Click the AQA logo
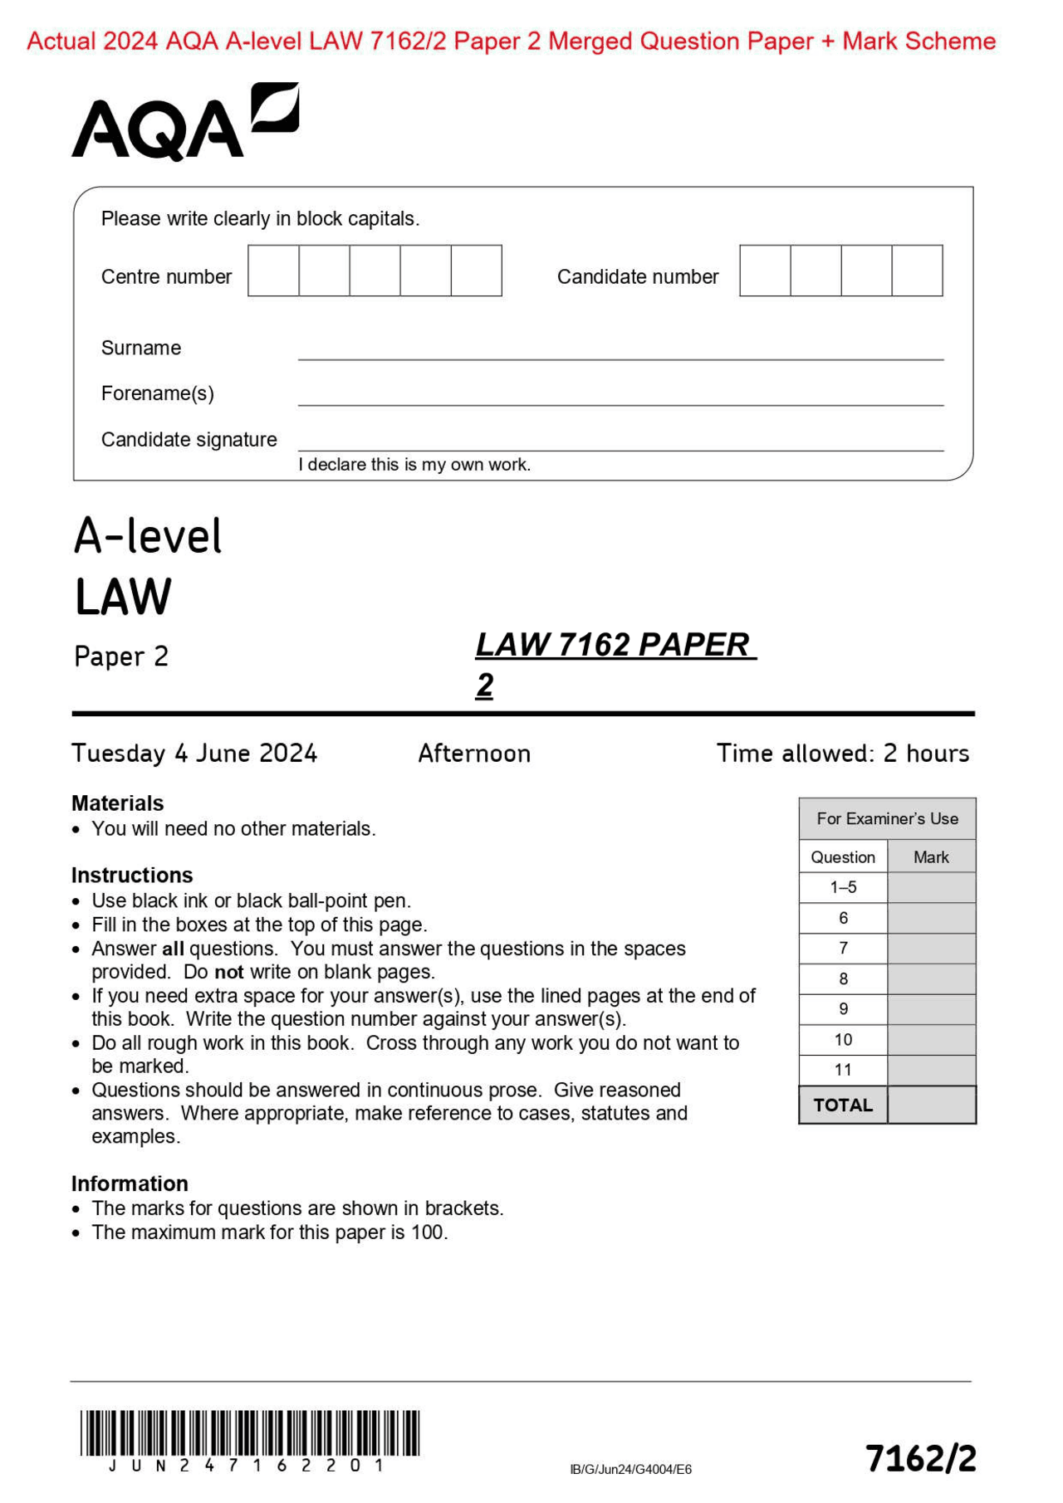click(x=184, y=122)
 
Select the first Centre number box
click(x=273, y=271)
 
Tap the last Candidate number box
click(x=917, y=271)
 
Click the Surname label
click(x=141, y=348)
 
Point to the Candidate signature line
click(x=620, y=449)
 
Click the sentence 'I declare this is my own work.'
click(x=414, y=465)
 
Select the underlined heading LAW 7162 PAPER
click(x=615, y=646)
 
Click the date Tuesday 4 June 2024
click(x=194, y=754)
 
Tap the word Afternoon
click(x=474, y=754)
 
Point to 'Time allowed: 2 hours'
click(x=843, y=754)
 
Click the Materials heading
click(x=118, y=803)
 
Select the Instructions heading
click(x=132, y=876)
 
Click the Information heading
click(x=130, y=1183)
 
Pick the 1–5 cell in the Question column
click(x=843, y=887)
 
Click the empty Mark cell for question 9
click(x=931, y=1009)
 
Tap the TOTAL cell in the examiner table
click(x=843, y=1105)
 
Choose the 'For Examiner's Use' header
click(x=887, y=819)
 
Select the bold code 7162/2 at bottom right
click(x=920, y=1458)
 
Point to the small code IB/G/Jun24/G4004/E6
click(x=630, y=1469)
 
